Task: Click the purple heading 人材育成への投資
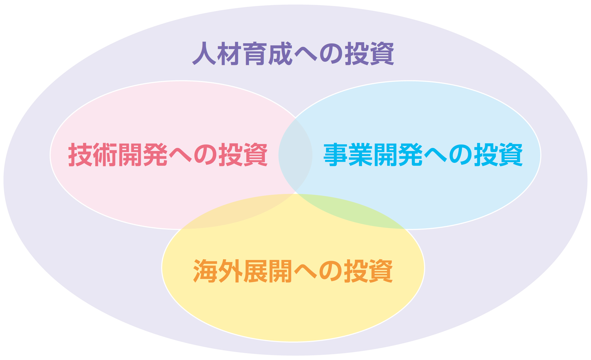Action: pos(293,53)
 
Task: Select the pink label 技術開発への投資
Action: pos(168,155)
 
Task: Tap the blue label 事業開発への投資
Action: pos(423,155)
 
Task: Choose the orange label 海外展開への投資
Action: pos(293,271)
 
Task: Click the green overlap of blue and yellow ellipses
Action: pos(351,211)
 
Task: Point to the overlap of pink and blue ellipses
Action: pos(295,155)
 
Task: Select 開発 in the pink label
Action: pos(143,155)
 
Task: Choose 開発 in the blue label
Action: pos(398,155)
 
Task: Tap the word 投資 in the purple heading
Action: pos(370,53)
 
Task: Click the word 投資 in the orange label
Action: pos(369,271)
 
